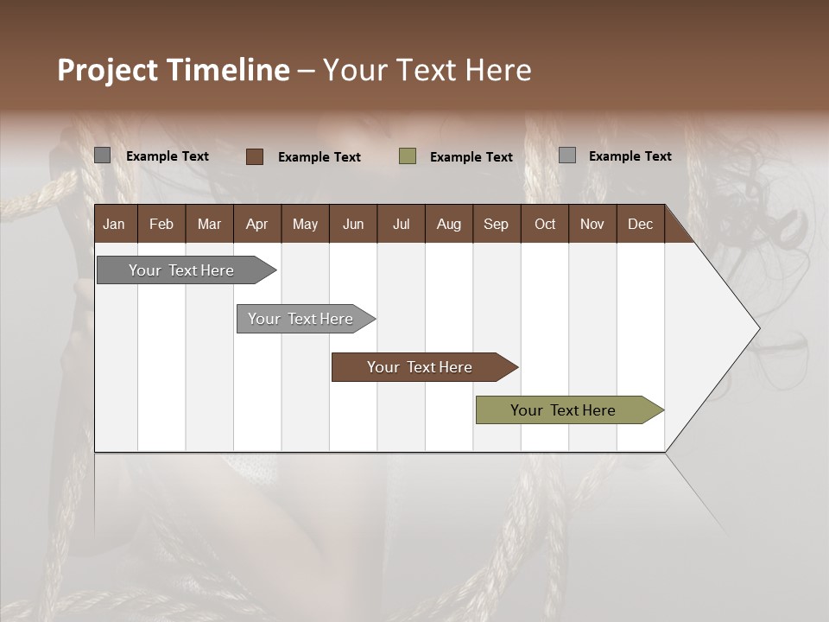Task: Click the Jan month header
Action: pyautogui.click(x=114, y=224)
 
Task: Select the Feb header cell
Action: pyautogui.click(x=161, y=224)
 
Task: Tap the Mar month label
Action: pyautogui.click(x=209, y=224)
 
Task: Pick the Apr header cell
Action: pyautogui.click(x=256, y=224)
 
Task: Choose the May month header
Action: pyautogui.click(x=305, y=224)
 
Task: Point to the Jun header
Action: pyautogui.click(x=353, y=224)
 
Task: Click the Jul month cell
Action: pyautogui.click(x=401, y=224)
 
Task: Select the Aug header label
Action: pyautogui.click(x=448, y=224)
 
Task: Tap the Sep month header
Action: pyautogui.click(x=496, y=224)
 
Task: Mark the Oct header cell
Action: pyautogui.click(x=545, y=224)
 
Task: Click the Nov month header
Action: pyautogui.click(x=592, y=224)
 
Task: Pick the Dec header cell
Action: pyautogui.click(x=640, y=224)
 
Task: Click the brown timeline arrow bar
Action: pyautogui.click(x=420, y=367)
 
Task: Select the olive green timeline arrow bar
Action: pyautogui.click(x=563, y=410)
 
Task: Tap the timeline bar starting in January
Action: pyautogui.click(x=181, y=270)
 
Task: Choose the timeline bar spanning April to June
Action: pyautogui.click(x=301, y=319)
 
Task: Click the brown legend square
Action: pyautogui.click(x=255, y=156)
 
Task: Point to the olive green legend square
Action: pyautogui.click(x=408, y=156)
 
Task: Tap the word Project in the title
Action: pyautogui.click(x=107, y=70)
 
